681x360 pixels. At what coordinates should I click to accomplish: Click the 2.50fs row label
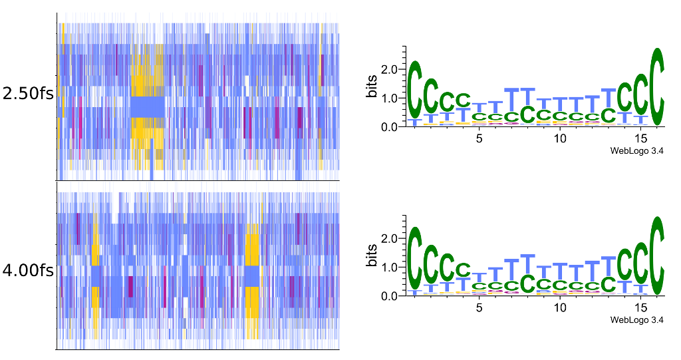coord(28,94)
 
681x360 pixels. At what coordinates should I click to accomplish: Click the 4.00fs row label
coord(28,271)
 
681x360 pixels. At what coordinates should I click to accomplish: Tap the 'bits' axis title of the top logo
coord(373,87)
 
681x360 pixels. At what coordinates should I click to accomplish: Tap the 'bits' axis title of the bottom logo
coord(373,256)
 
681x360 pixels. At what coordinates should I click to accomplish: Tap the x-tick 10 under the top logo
coord(560,138)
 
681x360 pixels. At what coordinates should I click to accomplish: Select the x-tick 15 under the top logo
coord(641,138)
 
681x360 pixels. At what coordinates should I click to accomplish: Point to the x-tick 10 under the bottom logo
coord(560,307)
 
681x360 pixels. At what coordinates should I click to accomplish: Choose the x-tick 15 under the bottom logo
coord(641,307)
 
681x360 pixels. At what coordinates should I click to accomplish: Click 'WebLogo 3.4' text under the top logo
coord(637,151)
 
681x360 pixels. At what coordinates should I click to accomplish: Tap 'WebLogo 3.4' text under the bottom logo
coord(637,320)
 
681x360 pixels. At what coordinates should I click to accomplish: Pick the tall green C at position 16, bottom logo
coord(657,256)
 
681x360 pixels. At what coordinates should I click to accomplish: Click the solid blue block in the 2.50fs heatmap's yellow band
coord(147,107)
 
